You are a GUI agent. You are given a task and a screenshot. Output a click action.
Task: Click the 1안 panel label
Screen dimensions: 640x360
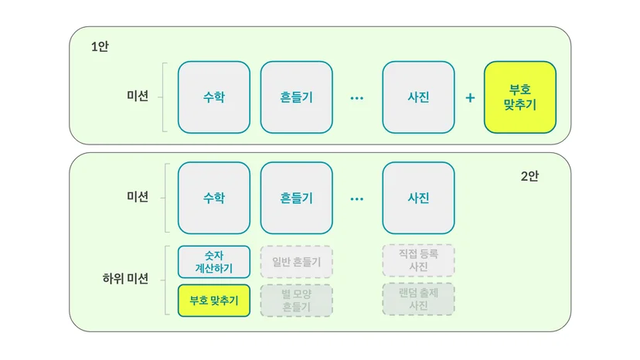click(x=100, y=46)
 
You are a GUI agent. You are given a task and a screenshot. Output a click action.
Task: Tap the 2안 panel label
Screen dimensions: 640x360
click(x=529, y=176)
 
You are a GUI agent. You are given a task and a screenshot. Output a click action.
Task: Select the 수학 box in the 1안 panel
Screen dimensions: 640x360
click(x=214, y=97)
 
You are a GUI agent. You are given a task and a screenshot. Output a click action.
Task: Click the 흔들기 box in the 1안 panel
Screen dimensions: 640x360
click(x=296, y=97)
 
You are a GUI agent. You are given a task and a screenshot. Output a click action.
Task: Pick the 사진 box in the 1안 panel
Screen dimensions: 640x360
click(x=418, y=97)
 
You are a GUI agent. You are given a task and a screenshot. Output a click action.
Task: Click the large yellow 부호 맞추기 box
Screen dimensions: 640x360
click(x=520, y=97)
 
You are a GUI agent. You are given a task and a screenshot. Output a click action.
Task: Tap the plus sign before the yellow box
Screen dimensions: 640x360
click(x=470, y=97)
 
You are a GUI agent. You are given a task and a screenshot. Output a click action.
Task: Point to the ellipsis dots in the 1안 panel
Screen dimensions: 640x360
click(x=357, y=98)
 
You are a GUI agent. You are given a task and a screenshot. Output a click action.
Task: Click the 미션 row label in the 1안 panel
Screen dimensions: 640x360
click(x=138, y=96)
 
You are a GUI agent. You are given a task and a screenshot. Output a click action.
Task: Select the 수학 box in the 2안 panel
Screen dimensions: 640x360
click(x=214, y=198)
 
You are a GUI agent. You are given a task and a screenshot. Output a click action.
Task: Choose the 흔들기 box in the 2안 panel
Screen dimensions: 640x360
click(x=296, y=198)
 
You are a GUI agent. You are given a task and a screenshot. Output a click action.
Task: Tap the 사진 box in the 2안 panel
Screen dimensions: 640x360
click(x=418, y=198)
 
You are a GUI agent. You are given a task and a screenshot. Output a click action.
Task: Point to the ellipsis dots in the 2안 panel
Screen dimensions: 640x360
click(x=357, y=199)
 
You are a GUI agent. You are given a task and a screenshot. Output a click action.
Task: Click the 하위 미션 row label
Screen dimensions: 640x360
click(x=125, y=279)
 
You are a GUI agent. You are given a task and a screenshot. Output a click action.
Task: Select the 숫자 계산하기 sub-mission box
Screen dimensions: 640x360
click(x=214, y=262)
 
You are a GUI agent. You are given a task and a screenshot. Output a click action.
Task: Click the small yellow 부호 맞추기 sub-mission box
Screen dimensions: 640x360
click(x=214, y=301)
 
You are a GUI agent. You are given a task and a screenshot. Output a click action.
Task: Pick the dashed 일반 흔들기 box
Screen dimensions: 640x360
click(x=296, y=262)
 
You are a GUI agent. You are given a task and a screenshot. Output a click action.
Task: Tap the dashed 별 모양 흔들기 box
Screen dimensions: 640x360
click(x=296, y=301)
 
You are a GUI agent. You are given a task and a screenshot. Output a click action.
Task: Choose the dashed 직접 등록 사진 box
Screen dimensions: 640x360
click(x=418, y=260)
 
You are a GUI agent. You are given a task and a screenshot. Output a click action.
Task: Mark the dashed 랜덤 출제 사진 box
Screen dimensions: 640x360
click(x=418, y=299)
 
